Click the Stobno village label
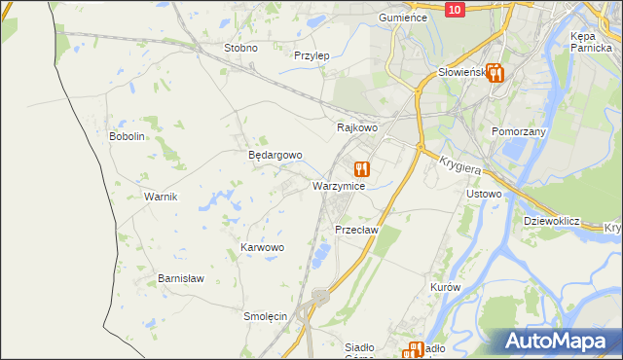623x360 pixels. [x=240, y=48]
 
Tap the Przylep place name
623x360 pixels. [x=311, y=55]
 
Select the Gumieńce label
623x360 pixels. [x=404, y=18]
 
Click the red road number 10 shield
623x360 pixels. [x=455, y=9]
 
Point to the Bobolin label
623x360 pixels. [x=127, y=136]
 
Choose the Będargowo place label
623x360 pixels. [x=275, y=155]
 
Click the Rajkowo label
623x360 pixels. [x=356, y=127]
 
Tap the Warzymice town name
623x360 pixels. [x=339, y=185]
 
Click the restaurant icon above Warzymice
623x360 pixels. [x=362, y=168]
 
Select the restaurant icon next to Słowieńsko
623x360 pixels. [x=495, y=72]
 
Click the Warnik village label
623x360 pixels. [x=161, y=197]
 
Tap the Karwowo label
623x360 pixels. [x=262, y=248]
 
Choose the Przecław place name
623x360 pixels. [x=355, y=230]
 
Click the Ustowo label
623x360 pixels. [x=484, y=194]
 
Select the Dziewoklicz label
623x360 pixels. [x=551, y=221]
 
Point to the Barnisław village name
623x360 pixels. [x=181, y=278]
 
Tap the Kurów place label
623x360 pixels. [x=444, y=288]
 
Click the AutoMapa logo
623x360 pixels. [x=562, y=342]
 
